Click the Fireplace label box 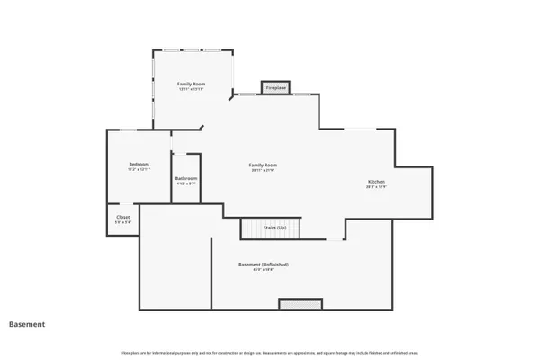[x=275, y=88]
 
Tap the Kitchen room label [x=376, y=183]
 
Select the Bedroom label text [x=139, y=164]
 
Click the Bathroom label [x=185, y=178]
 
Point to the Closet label [x=123, y=217]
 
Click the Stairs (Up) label [x=274, y=229]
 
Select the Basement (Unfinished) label [x=263, y=264]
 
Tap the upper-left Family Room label [x=190, y=84]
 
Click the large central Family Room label [x=263, y=165]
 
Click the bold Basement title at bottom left [x=27, y=323]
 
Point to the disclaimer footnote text [x=269, y=351]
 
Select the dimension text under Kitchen [x=376, y=188]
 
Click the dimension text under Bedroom [x=139, y=170]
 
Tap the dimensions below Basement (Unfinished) [x=263, y=269]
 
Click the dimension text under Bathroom [x=185, y=184]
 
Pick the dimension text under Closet [x=123, y=222]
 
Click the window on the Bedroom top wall [x=129, y=130]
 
